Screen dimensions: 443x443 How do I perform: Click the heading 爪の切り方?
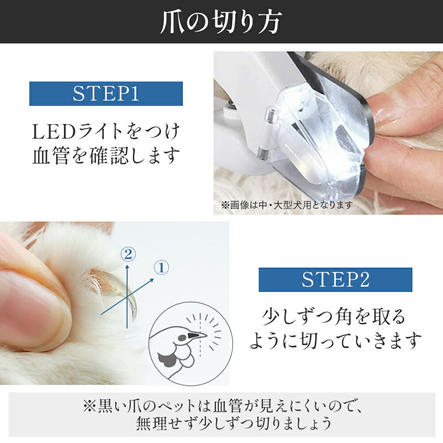click(x=221, y=22)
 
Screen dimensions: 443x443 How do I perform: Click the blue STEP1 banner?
click(x=106, y=93)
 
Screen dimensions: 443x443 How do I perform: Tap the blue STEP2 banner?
click(x=335, y=280)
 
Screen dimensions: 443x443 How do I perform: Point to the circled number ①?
click(x=162, y=268)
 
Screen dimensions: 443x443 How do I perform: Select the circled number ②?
click(x=128, y=254)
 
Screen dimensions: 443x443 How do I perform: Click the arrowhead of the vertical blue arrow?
click(x=127, y=266)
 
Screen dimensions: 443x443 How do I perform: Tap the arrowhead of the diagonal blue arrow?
click(x=152, y=280)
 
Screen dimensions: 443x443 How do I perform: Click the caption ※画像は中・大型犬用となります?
click(x=287, y=205)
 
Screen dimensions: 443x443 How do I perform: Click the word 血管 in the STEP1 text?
click(x=51, y=155)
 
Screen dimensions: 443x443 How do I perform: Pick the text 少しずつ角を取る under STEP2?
click(x=334, y=317)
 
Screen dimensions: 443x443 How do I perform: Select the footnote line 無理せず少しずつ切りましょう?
click(x=233, y=423)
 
